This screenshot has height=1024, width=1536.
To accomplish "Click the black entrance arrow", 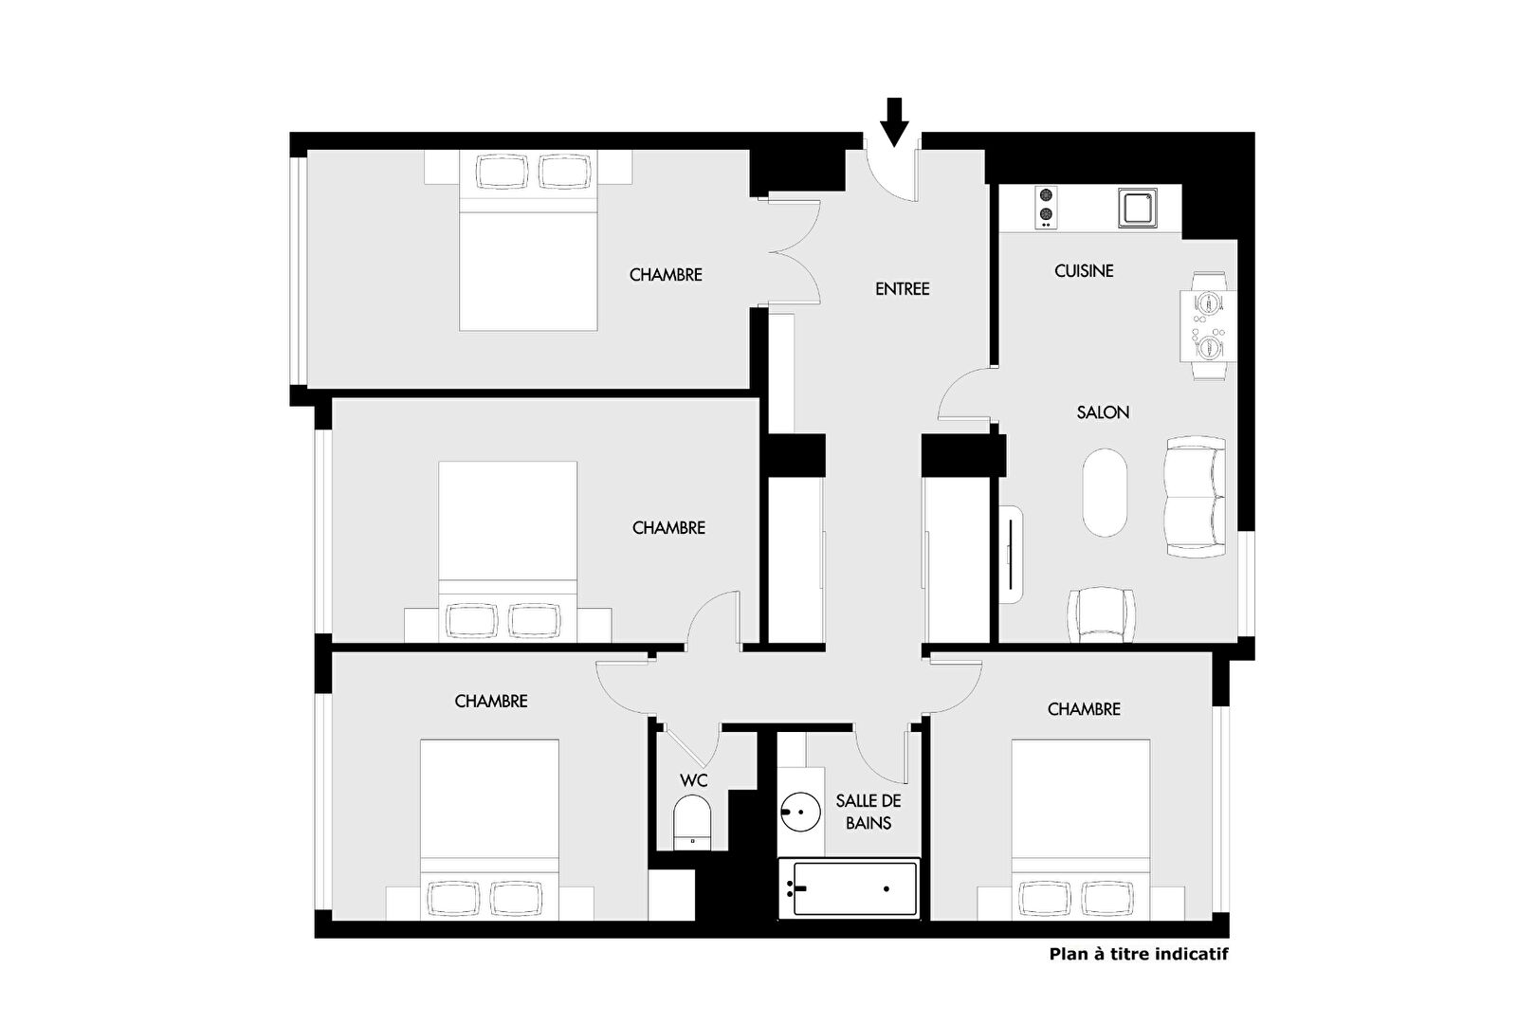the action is [894, 122].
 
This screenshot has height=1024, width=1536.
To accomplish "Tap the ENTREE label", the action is [903, 289].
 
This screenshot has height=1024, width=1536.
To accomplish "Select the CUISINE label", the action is [1084, 271].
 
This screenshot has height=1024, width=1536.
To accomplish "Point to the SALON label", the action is [1103, 412].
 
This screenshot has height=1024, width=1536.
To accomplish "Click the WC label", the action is [694, 780].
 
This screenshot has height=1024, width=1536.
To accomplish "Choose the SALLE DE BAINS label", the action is [869, 812].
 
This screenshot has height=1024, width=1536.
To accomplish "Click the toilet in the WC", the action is [692, 823].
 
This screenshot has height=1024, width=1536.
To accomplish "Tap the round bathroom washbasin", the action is [800, 812].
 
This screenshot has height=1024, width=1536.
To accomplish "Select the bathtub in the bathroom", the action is [849, 888].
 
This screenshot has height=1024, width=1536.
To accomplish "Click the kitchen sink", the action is [1138, 207].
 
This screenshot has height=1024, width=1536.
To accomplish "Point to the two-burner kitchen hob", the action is [1046, 207].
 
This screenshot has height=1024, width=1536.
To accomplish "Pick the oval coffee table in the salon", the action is [1104, 492].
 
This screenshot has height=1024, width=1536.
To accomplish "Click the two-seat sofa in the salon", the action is [1196, 497].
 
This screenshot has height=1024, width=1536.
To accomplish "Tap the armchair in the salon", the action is [1101, 614].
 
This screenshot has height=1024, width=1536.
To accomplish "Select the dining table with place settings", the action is [1208, 326].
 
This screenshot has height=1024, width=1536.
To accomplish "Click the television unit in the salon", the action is [1012, 554].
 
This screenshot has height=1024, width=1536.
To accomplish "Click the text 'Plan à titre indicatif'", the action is [1139, 954].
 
